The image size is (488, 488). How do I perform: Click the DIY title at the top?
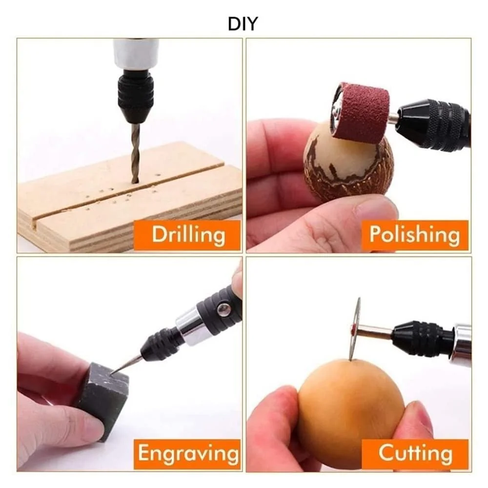(243, 23)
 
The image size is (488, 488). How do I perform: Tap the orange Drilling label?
(187, 235)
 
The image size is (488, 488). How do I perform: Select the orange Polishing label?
(415, 235)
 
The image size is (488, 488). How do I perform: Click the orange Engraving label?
(187, 454)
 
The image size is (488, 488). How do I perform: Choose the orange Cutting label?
(415, 454)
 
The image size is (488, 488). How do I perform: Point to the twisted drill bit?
(136, 152)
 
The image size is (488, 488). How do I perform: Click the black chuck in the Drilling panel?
(136, 95)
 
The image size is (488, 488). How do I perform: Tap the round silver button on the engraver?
(224, 309)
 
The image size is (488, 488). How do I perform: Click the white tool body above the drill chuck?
(136, 54)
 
